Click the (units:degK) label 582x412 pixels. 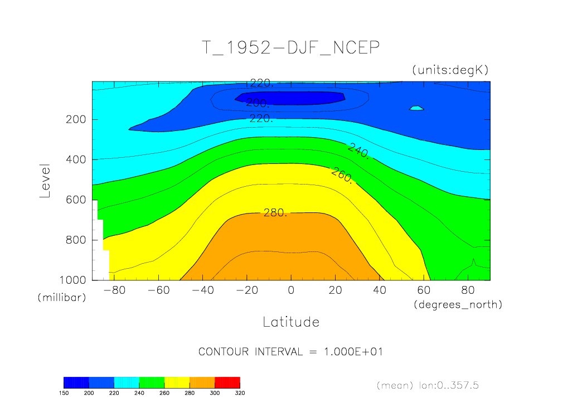tap(450, 70)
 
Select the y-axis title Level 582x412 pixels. tap(45, 181)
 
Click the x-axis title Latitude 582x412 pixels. tap(290, 322)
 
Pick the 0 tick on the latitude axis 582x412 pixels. tap(290, 290)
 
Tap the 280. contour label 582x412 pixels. tap(275, 212)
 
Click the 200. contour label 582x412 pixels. tap(258, 103)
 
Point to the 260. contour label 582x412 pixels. tap(342, 175)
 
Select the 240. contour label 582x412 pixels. tap(358, 151)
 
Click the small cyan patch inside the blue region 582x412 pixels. tap(416, 108)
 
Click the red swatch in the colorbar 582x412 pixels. tap(227, 382)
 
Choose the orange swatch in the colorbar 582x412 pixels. tap(202, 382)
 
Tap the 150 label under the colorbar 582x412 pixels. tap(64, 392)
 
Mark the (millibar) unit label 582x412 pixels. tap(62, 298)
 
